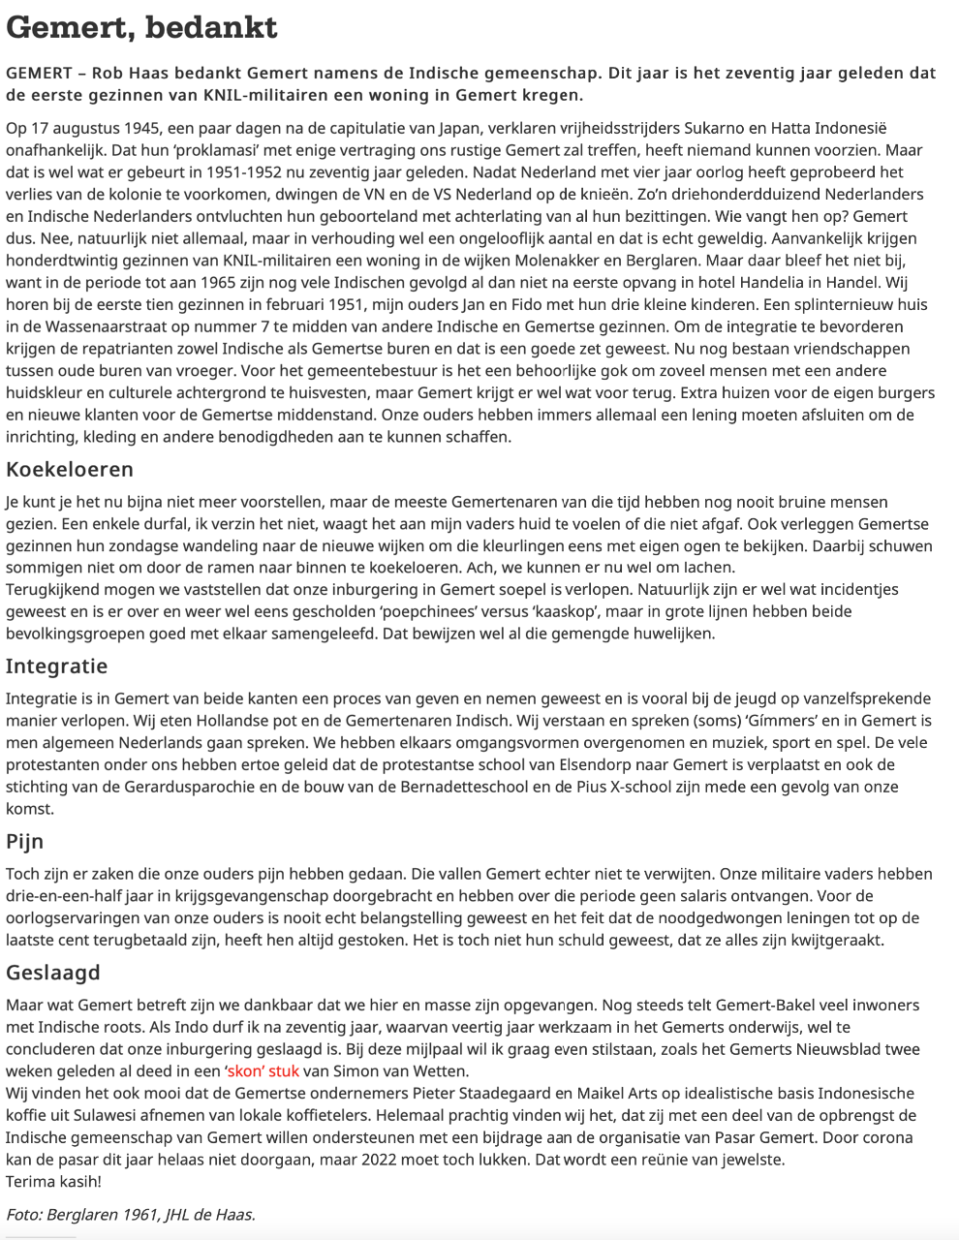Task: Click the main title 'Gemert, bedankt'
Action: pyautogui.click(x=141, y=27)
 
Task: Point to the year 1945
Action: pyautogui.click(x=148, y=128)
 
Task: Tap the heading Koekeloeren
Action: pyautogui.click(x=70, y=470)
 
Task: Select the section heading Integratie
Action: pyautogui.click(x=56, y=666)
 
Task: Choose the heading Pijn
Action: pyautogui.click(x=25, y=841)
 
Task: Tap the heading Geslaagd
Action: pyautogui.click(x=53, y=973)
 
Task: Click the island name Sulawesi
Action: pyautogui.click(x=141, y=1114)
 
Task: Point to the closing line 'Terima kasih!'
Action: pyautogui.click(x=53, y=1181)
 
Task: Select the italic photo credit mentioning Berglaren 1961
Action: pyautogui.click(x=131, y=1214)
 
